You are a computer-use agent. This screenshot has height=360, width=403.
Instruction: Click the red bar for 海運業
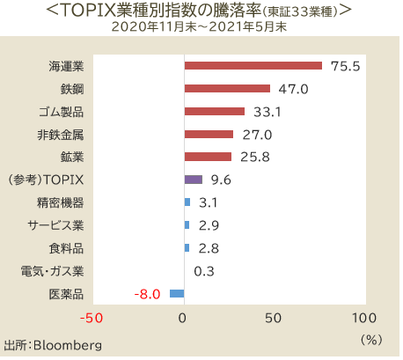[x=253, y=65]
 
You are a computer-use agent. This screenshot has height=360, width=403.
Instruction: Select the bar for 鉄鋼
[x=227, y=88]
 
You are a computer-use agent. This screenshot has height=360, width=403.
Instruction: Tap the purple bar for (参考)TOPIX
[x=193, y=180]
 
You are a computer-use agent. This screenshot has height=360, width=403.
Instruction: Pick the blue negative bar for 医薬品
[x=176, y=293]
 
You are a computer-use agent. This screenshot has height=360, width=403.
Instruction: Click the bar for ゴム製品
[x=214, y=111]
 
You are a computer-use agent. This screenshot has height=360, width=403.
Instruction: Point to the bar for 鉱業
[x=208, y=157]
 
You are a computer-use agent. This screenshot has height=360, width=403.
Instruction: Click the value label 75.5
[x=346, y=66]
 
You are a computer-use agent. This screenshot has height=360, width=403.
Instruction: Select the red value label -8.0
[x=146, y=294]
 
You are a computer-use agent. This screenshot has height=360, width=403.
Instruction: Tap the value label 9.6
[x=221, y=180]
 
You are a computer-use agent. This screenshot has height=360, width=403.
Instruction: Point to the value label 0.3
[x=204, y=271]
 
